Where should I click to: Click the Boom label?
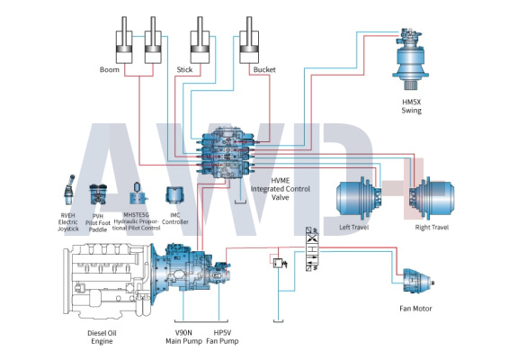click(110, 69)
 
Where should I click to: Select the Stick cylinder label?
click(184, 69)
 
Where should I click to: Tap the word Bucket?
click(264, 69)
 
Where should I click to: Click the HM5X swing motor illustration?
click(410, 58)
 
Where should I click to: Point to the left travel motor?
click(359, 197)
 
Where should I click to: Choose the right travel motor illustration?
click(432, 197)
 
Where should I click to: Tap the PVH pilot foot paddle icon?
click(98, 194)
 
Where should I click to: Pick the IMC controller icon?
click(175, 195)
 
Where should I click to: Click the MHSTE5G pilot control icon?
click(138, 193)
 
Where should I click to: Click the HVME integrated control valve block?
click(227, 154)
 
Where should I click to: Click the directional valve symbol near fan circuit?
click(312, 249)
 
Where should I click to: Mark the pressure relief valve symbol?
click(279, 263)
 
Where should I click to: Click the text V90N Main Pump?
click(183, 337)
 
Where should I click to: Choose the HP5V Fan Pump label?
click(222, 337)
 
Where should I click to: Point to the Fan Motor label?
click(415, 309)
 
